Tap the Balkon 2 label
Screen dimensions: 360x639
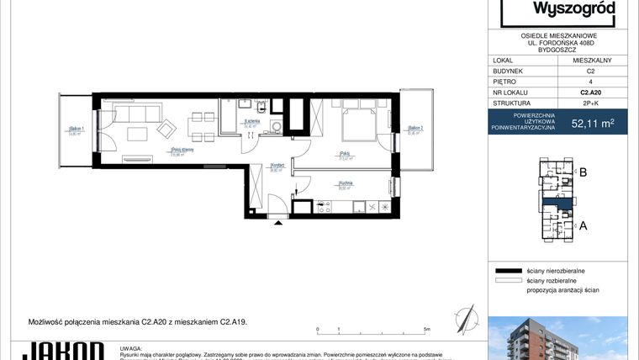click(x=415, y=130)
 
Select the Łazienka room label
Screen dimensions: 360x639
click(x=250, y=124)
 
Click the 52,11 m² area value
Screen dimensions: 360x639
click(x=592, y=124)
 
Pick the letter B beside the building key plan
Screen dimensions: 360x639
click(x=582, y=173)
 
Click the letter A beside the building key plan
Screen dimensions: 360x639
click(x=582, y=225)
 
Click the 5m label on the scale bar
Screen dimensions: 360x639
click(x=427, y=329)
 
